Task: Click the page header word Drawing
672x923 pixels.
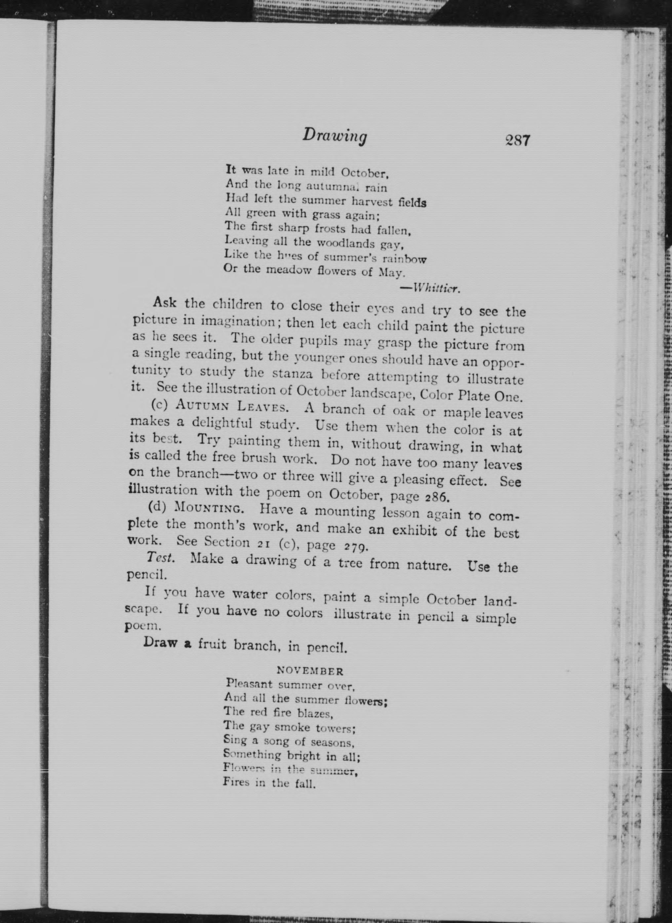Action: coord(335,136)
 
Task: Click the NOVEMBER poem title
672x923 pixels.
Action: coord(310,793)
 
